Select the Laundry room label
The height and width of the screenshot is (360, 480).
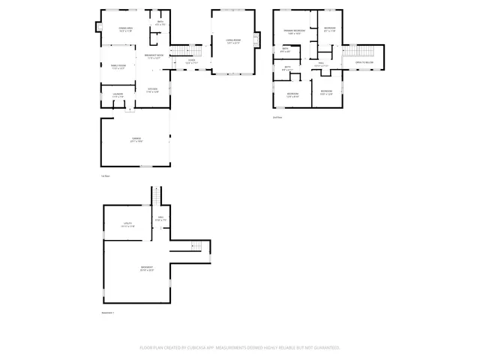pos(117,95)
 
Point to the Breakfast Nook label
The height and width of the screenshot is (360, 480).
pos(154,57)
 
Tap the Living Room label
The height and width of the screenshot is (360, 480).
pos(233,40)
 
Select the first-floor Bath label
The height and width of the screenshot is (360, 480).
pos(158,23)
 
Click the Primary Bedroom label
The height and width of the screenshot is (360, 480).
pos(292,31)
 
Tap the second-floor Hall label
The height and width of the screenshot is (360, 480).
pos(320,65)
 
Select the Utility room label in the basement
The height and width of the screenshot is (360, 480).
pos(127,224)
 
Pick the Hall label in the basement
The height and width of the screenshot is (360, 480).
pos(160,218)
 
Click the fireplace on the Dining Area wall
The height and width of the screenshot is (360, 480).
pos(97,28)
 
